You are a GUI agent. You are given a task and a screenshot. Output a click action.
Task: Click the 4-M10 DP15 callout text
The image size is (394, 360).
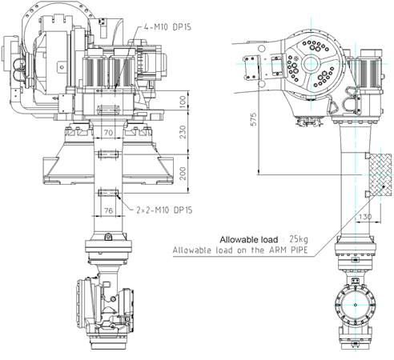(167, 27)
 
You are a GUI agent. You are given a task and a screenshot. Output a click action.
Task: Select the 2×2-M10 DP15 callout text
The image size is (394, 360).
(164, 210)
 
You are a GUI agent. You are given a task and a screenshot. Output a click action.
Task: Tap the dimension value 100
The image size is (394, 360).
(183, 102)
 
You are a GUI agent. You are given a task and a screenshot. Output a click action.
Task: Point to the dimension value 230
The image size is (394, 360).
(183, 132)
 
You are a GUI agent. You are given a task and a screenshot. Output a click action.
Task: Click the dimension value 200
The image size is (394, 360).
(183, 174)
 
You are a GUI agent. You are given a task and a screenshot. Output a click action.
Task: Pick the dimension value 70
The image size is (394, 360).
(108, 133)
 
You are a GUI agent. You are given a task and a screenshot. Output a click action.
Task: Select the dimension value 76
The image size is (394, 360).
(108, 210)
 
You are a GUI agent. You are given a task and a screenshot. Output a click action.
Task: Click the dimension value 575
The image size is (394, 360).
(254, 119)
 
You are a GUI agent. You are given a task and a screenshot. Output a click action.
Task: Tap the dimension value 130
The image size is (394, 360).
(365, 216)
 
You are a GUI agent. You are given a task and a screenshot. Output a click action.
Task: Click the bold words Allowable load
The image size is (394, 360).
(249, 240)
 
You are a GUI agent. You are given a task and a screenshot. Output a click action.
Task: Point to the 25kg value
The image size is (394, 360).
(299, 239)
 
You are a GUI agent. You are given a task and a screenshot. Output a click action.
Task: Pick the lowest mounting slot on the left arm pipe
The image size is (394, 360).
(108, 192)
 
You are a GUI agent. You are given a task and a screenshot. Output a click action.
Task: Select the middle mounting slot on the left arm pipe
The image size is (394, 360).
(108, 154)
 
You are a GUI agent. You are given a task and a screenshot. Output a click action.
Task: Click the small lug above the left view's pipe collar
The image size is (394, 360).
(108, 237)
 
